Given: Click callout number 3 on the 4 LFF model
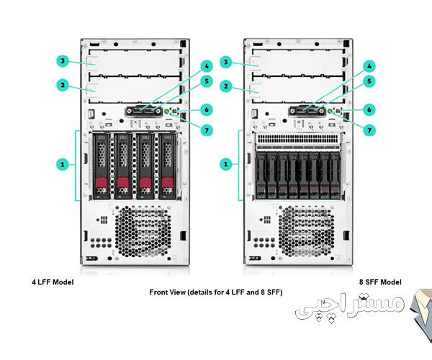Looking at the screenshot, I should (x=63, y=61).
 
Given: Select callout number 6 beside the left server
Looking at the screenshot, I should (x=206, y=109).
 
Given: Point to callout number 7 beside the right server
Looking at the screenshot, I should (x=369, y=130).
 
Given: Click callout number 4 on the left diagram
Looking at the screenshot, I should (x=206, y=66).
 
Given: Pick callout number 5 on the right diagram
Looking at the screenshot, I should (x=369, y=81).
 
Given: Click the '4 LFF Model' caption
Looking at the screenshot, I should (x=53, y=282).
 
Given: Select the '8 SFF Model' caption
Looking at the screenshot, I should (x=379, y=282).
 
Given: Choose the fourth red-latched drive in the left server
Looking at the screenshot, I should (x=168, y=166).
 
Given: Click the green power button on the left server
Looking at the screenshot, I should (x=167, y=112).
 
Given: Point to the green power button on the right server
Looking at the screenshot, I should (x=330, y=112).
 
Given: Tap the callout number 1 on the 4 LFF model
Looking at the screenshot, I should (x=63, y=164).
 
